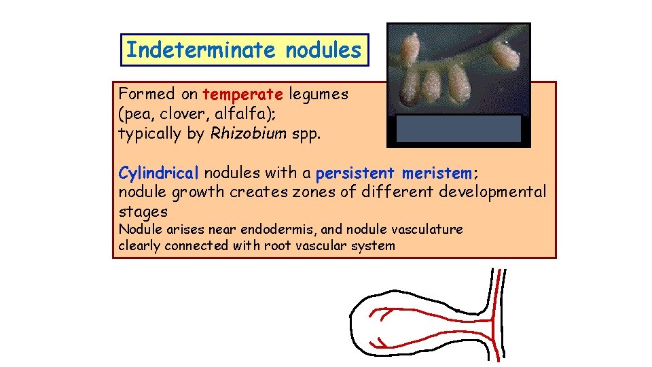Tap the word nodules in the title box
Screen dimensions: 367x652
[323, 50]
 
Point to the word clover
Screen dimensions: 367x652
[169, 113]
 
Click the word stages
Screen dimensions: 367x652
[143, 211]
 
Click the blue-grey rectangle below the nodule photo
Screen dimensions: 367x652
[458, 128]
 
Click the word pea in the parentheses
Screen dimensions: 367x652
[135, 113]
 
